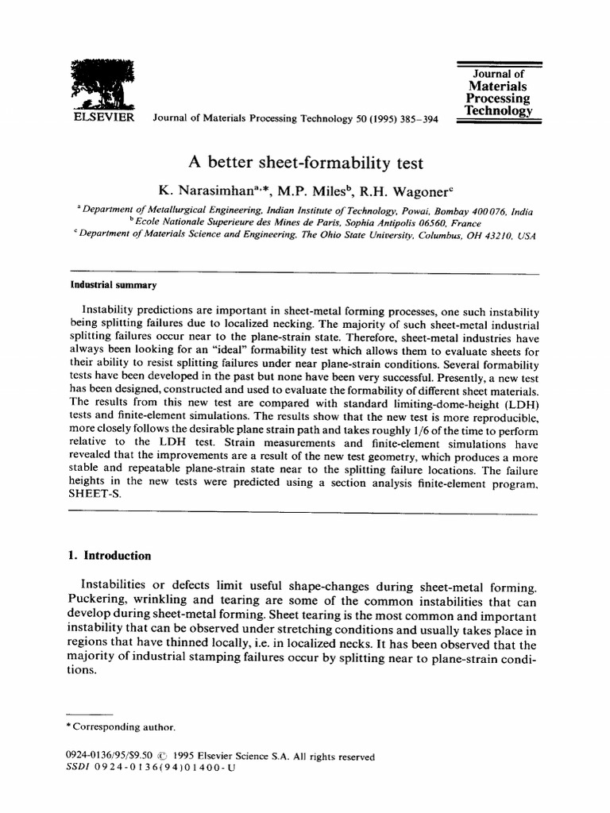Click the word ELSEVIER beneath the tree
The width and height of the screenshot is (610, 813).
(x=101, y=118)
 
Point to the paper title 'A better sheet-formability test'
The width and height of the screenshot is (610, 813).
(x=305, y=164)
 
